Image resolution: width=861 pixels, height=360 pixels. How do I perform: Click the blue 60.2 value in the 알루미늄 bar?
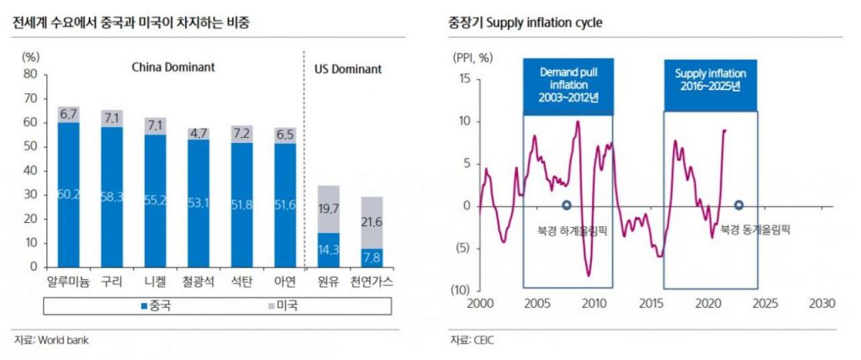coord(69,195)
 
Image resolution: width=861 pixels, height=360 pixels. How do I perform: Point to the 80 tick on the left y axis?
coord(31,74)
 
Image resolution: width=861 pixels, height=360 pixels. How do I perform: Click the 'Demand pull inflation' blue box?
coord(566,85)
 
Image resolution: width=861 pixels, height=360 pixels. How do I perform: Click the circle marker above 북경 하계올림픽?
coord(567,204)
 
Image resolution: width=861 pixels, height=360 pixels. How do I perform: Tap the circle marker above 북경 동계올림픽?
coord(739,204)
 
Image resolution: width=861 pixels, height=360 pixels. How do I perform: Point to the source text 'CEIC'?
coord(483,341)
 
